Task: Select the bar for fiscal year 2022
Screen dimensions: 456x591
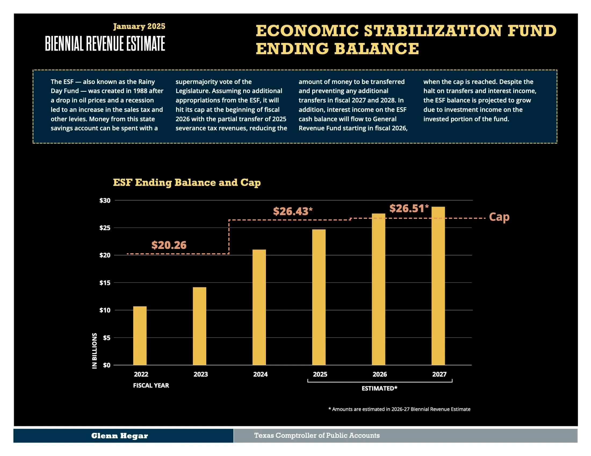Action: coord(140,336)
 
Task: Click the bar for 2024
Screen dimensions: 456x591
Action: coord(259,307)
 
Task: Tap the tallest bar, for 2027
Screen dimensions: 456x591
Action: coord(438,286)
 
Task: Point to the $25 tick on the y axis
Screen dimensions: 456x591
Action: coord(105,228)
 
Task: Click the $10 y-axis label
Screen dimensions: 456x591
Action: coord(105,310)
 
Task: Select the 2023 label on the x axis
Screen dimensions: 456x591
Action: coord(200,374)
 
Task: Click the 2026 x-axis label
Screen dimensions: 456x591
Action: coord(379,374)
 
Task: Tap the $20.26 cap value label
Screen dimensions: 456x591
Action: coord(169,245)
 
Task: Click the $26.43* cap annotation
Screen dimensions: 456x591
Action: coord(293,211)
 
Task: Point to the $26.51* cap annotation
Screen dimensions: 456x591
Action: coord(409,208)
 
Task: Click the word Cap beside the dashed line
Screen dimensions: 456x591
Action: coord(499,217)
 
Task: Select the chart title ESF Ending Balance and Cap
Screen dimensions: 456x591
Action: coord(187,182)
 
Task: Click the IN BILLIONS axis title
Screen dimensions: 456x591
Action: coord(95,350)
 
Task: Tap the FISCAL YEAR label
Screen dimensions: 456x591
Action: coord(151,385)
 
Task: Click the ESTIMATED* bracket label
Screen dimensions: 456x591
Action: coord(379,388)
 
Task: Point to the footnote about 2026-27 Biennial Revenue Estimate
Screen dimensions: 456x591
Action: coord(399,409)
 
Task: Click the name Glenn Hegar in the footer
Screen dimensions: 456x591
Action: coord(119,436)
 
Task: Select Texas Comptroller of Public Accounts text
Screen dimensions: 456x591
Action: coord(317,435)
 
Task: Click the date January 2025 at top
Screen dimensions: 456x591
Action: coord(139,26)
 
